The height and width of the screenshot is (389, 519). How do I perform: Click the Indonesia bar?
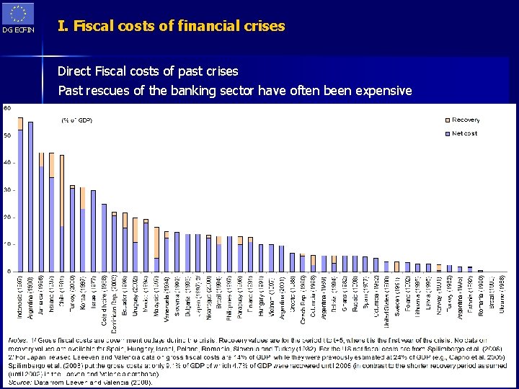20,194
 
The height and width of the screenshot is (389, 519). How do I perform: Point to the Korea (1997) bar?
83,231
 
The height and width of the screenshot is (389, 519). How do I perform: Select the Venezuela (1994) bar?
167,252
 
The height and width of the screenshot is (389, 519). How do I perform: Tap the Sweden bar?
396,267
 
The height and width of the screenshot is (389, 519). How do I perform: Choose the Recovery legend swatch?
445,120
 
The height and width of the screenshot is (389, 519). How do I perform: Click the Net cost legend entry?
464,133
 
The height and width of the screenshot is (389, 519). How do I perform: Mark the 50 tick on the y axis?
6,135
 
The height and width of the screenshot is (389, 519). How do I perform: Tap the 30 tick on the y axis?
6,190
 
